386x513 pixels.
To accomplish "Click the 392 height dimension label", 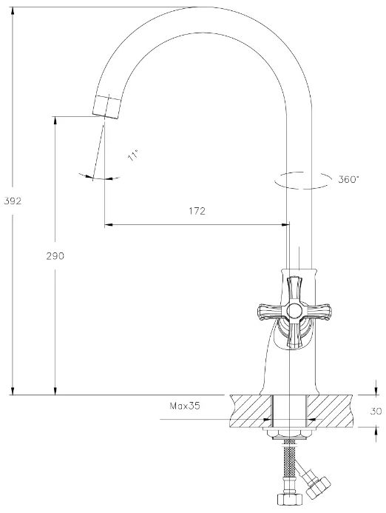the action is pos(13,201).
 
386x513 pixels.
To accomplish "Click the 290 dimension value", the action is pos(55,256).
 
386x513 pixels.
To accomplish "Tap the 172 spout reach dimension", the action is pos(197,211).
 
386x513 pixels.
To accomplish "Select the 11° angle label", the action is pos(133,155).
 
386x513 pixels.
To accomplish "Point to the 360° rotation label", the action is pos(349,179).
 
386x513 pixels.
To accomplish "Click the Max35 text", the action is pos(185,406).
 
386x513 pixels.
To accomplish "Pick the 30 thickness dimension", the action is pos(376,411).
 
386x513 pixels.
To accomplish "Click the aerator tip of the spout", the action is pos(106,107).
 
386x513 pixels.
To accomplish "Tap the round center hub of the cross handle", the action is pos(294,310).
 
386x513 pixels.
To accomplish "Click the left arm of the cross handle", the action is pos(271,311).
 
